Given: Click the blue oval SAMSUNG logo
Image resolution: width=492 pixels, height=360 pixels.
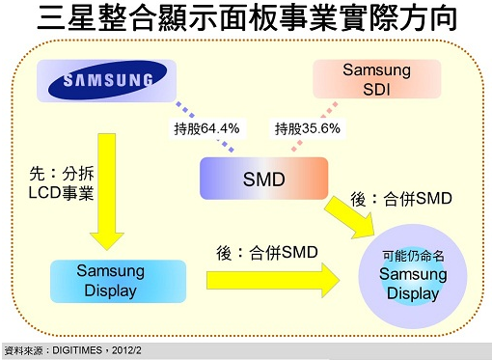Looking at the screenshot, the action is click(x=107, y=79).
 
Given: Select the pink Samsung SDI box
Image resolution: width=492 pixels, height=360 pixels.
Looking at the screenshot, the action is click(x=377, y=79).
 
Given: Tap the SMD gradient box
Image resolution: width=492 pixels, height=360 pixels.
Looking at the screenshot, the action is click(x=264, y=179).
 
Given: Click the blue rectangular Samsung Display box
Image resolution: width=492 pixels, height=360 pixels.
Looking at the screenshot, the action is click(x=118, y=281).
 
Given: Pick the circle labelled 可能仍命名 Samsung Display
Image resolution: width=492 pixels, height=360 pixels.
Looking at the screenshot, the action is click(x=413, y=276).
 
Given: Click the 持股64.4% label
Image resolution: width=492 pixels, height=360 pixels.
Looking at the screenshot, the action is click(x=207, y=128).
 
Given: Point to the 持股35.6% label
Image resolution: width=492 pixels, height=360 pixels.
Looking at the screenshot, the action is click(x=308, y=128).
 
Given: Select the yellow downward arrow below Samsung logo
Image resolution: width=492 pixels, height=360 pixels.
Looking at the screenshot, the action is click(x=107, y=192).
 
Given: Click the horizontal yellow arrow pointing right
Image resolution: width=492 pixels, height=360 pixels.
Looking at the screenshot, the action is click(x=273, y=280).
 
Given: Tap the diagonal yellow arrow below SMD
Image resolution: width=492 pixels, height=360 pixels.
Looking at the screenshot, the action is click(x=350, y=217).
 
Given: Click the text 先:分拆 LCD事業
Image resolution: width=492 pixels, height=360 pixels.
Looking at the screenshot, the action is click(x=61, y=183).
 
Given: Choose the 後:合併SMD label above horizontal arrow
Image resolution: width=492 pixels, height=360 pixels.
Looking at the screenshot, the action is click(x=267, y=253).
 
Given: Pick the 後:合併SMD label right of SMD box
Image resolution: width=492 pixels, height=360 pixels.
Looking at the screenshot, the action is click(x=401, y=199).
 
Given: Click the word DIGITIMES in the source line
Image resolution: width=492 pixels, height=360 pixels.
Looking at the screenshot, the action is click(x=77, y=350).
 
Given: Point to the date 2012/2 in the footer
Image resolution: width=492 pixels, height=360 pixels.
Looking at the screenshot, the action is click(x=126, y=350).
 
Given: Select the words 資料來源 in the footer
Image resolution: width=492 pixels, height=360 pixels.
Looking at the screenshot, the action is click(x=23, y=350).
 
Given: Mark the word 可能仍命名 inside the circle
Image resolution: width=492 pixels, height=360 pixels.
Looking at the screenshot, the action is click(x=413, y=256).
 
